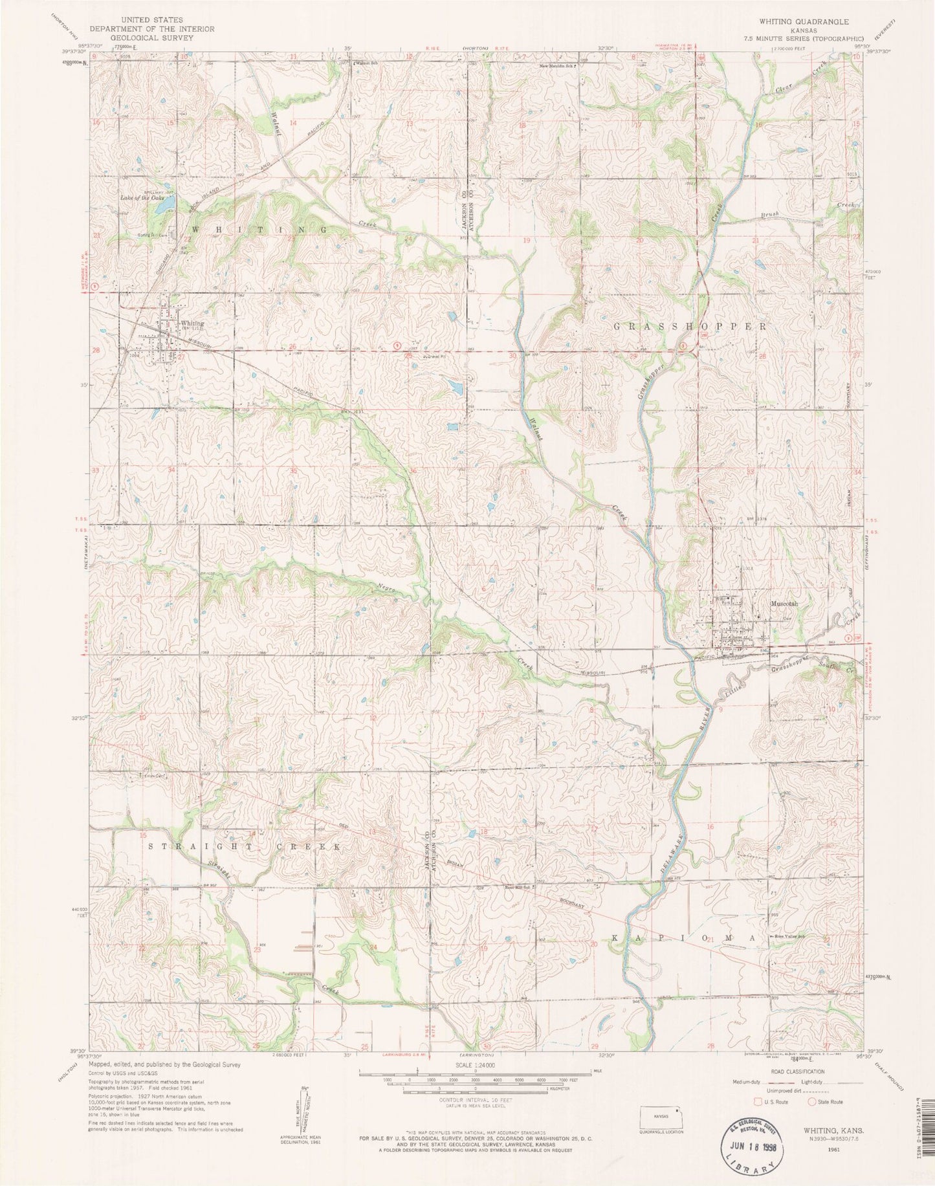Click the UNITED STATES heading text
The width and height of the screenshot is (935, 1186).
(151, 20)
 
